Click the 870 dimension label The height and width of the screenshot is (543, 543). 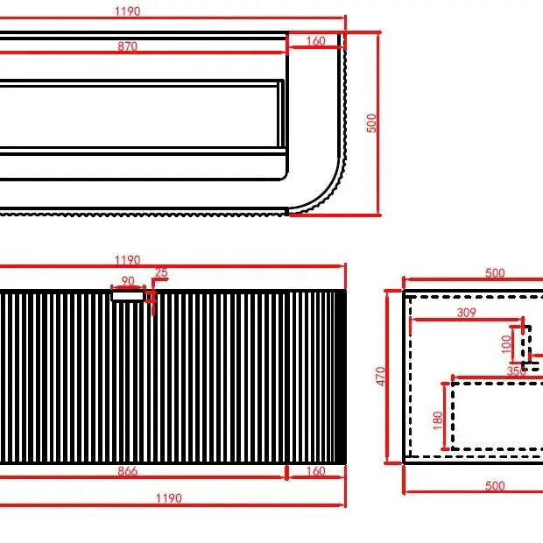click(x=128, y=46)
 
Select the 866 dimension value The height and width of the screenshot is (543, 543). click(x=128, y=472)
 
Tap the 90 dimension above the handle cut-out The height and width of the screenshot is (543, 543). click(x=128, y=281)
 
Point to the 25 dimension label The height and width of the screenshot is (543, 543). click(x=160, y=273)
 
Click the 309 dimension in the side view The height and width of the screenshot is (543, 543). click(x=467, y=312)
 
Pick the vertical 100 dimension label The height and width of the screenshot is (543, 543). click(x=506, y=344)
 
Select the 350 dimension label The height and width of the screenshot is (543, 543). click(x=517, y=371)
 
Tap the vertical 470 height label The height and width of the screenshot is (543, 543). click(x=380, y=377)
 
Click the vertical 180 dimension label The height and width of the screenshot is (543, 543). click(x=438, y=420)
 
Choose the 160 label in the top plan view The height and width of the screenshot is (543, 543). click(x=315, y=41)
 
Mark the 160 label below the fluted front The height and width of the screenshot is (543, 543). click(x=315, y=472)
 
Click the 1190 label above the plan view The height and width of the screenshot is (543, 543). click(x=128, y=12)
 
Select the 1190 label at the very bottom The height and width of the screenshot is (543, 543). click(x=169, y=498)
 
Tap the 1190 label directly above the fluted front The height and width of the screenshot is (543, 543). click(x=128, y=260)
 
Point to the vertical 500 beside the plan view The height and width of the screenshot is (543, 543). click(x=371, y=123)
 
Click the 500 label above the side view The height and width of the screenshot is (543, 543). click(x=495, y=273)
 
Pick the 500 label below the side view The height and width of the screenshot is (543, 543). click(x=495, y=486)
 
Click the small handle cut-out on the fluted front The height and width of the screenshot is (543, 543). click(x=128, y=296)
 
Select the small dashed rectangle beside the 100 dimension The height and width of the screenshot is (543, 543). click(x=527, y=344)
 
